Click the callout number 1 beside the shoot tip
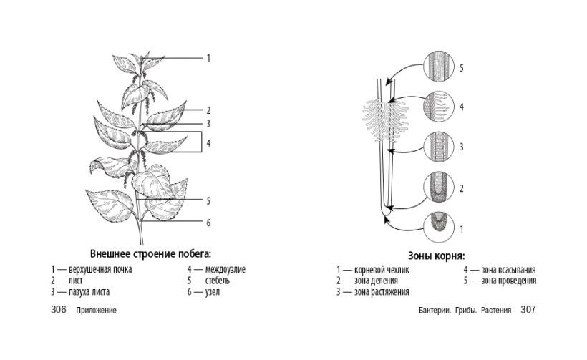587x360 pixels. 208,57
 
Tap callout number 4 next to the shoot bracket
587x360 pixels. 208,143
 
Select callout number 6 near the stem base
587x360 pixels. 208,223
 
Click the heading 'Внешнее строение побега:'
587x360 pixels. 151,253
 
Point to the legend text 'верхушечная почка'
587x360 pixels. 101,270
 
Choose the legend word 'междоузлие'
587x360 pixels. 225,270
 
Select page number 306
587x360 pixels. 59,311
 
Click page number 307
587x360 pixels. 528,311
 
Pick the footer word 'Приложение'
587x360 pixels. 96,311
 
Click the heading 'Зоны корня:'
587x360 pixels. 437,256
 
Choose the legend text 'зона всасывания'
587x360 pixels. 509,270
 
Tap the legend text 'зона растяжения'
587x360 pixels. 382,291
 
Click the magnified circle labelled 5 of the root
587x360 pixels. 438,68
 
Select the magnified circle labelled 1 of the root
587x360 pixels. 438,229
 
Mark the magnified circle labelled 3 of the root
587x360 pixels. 438,147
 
